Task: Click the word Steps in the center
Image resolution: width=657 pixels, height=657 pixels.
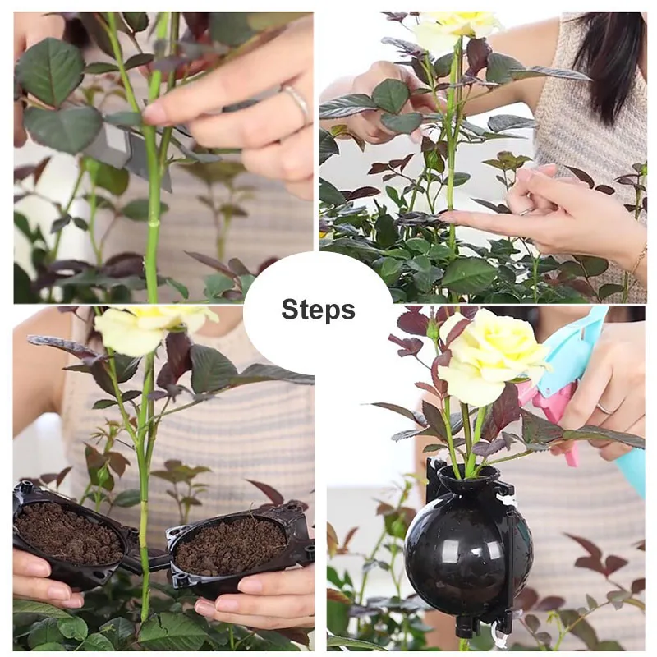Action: (318, 310)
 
